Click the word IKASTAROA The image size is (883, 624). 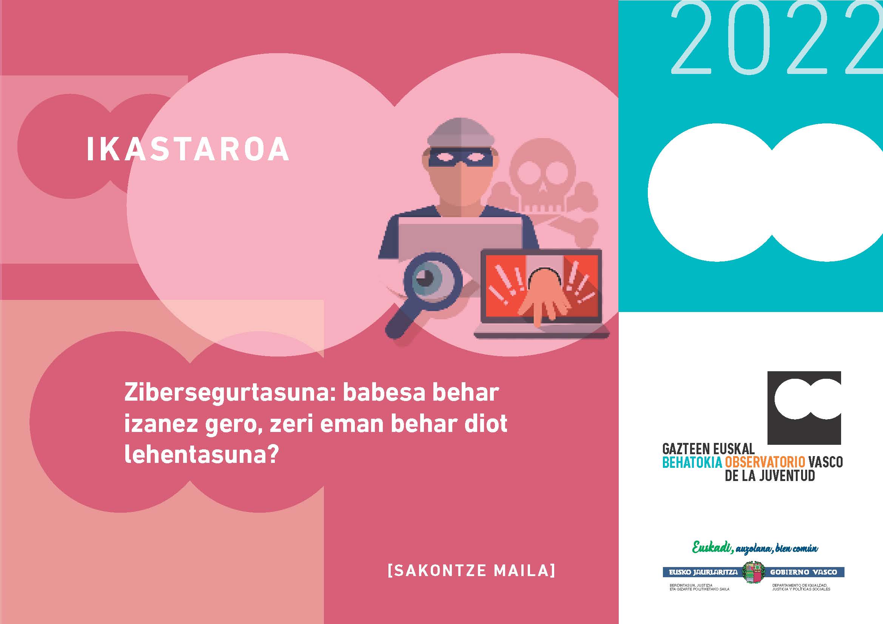click(x=188, y=149)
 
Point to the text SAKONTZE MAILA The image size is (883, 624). click(x=472, y=570)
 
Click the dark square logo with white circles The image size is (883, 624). click(x=804, y=407)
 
